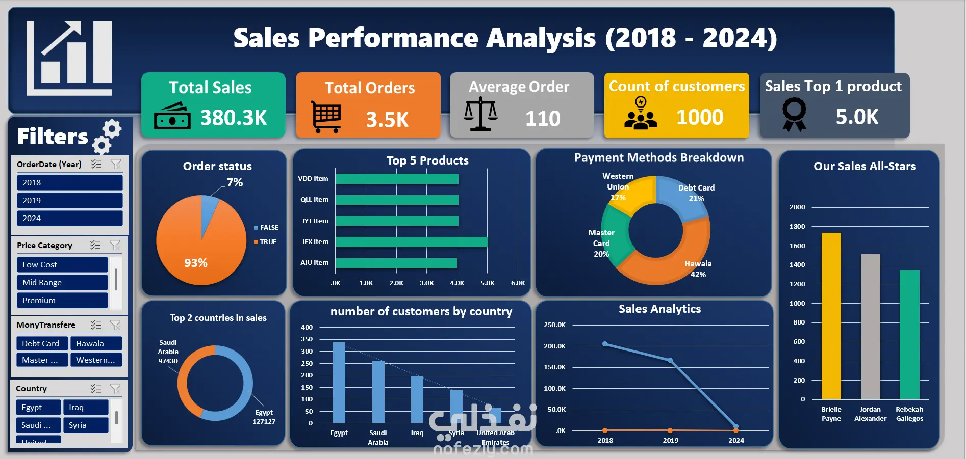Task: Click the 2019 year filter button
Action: [x=69, y=200]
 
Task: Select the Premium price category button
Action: [x=62, y=300]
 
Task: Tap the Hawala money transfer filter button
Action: [x=96, y=343]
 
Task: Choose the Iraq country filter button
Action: [x=86, y=407]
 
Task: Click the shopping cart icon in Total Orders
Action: [x=326, y=117]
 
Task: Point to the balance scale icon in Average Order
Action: [x=480, y=115]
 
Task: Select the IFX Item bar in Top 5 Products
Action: [x=411, y=241]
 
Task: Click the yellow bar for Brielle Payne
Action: [x=831, y=316]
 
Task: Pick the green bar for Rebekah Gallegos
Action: [x=909, y=334]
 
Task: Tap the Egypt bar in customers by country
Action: [x=339, y=382]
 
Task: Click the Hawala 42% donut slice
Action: [x=673, y=260]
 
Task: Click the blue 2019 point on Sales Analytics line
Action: [x=670, y=360]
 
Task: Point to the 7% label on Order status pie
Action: [x=235, y=182]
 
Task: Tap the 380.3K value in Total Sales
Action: [x=234, y=118]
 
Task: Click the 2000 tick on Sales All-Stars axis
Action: [x=797, y=207]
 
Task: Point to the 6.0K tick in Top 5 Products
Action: [x=518, y=283]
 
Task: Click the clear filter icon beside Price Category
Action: [x=115, y=245]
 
